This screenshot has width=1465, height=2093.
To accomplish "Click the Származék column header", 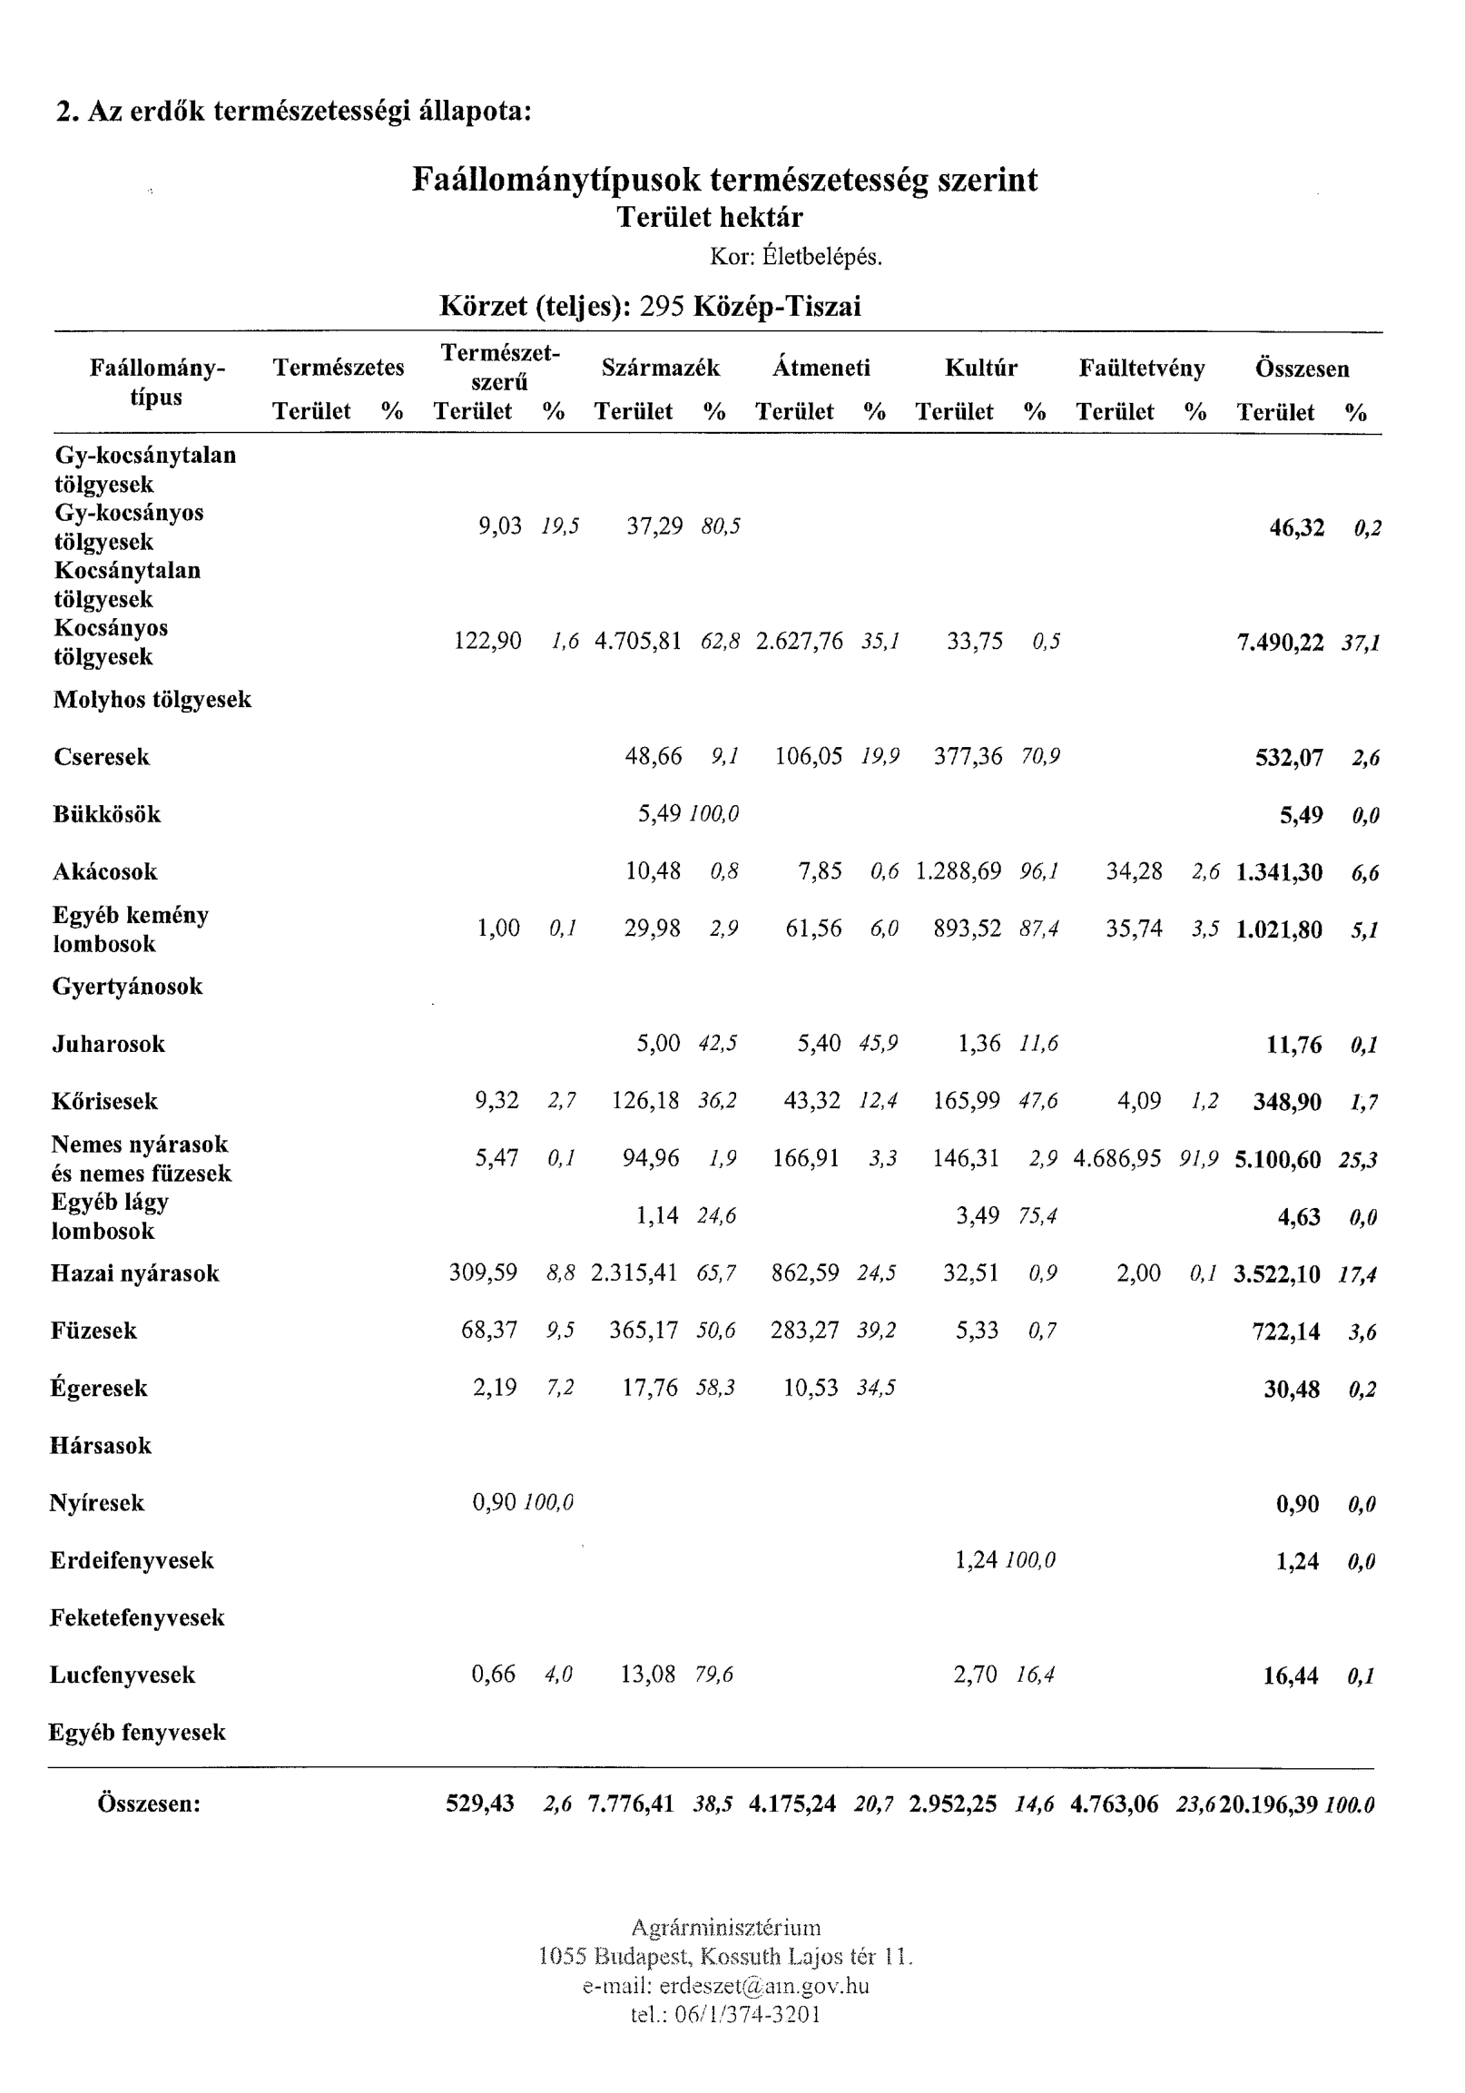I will point(660,368).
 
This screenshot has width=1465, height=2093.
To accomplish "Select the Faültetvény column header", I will point(1141,368).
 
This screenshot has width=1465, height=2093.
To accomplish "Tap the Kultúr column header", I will point(980,368).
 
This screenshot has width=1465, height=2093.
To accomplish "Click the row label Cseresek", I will point(101,757).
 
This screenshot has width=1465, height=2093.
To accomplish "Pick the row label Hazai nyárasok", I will point(135,1273).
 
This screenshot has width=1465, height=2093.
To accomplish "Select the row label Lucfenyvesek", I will point(123,1675).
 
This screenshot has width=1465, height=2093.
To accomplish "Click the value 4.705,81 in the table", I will point(637,642).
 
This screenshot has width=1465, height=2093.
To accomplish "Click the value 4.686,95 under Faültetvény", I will point(1116,1159).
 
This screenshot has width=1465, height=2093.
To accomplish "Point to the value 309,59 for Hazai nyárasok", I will point(482,1273).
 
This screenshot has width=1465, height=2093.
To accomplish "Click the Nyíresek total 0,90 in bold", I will point(1296,1504).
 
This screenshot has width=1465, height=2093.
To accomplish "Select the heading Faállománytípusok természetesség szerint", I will point(723,180).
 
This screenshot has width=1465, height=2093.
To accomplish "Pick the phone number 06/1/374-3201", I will point(748,2014).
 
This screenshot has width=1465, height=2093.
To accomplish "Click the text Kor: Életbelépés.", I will point(796,257).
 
